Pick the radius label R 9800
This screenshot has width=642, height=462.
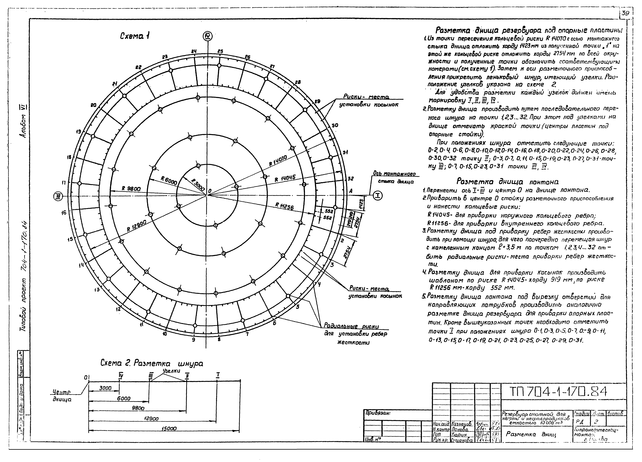coord(131,188)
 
